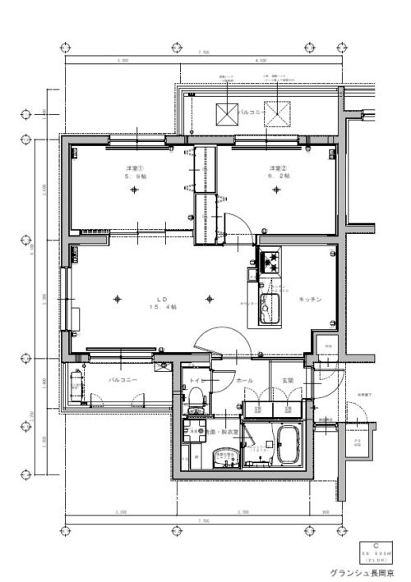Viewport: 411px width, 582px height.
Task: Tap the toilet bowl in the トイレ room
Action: pos(196,401)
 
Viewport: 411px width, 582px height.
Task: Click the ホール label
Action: pos(245,381)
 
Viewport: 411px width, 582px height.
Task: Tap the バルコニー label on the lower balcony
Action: pos(122,381)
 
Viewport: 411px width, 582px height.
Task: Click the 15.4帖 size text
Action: pos(159,307)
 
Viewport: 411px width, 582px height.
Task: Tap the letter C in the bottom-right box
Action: pos(376,544)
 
